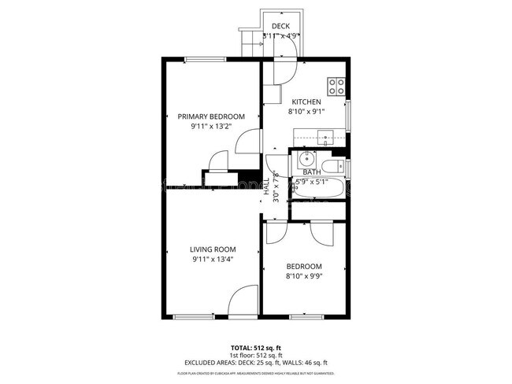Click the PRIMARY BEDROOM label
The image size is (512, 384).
pos(206,116)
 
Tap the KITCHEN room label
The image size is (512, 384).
pos(306,102)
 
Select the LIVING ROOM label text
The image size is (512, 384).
pos(212,250)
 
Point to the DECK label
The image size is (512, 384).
pos(280,27)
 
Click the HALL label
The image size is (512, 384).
pos(267,187)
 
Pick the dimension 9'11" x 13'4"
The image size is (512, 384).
pos(212,260)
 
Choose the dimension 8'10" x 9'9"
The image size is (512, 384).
pos(303,276)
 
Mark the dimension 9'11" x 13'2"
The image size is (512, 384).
pos(206,126)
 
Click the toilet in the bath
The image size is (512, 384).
pos(335,165)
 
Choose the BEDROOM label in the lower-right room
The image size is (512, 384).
pos(303,267)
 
